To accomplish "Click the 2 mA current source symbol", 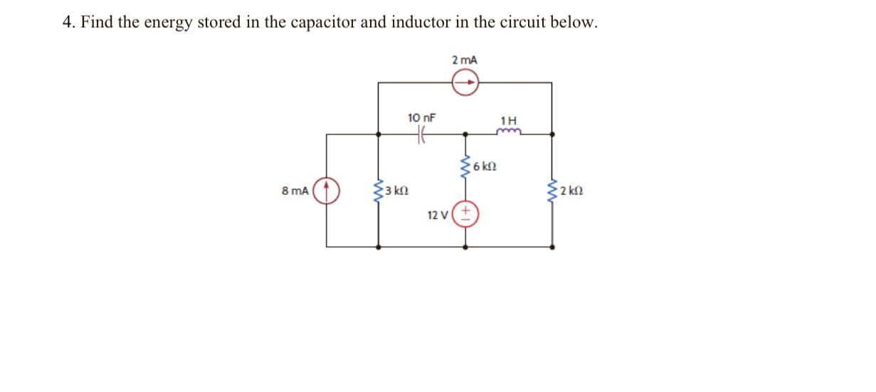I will tap(465, 83).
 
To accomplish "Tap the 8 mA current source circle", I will tap(327, 191).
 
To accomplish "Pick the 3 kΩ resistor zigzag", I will tap(378, 191).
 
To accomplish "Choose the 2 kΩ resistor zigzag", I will tap(552, 191).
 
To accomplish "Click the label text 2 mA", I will tap(465, 60).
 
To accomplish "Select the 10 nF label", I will tap(421, 117).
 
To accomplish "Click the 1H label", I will tap(510, 119).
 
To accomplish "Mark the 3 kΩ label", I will tap(396, 191).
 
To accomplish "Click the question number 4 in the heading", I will tap(68, 23).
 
